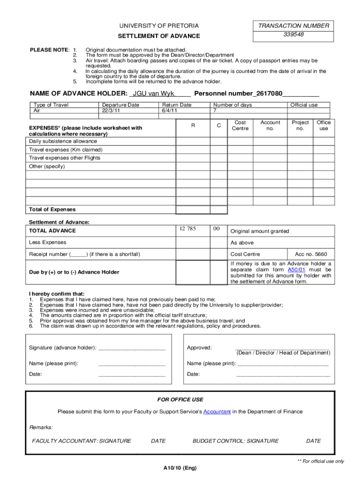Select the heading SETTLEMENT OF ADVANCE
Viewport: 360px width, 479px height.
click(158, 36)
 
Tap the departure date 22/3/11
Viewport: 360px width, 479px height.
click(112, 111)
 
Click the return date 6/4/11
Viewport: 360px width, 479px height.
click(170, 111)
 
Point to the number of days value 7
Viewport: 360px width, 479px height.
click(215, 111)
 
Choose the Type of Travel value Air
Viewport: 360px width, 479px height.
click(37, 111)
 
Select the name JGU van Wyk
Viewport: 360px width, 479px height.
click(153, 93)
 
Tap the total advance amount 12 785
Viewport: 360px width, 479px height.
click(187, 229)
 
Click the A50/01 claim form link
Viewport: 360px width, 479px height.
click(296, 270)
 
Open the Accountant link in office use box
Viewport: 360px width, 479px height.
click(217, 412)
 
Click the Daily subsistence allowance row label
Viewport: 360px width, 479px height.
click(63, 141)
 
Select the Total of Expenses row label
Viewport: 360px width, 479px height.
click(52, 210)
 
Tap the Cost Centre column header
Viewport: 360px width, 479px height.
click(240, 125)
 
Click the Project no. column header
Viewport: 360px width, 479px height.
click(300, 125)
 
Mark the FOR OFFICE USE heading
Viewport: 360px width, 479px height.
click(180, 399)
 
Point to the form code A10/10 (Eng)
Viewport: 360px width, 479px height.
click(180, 468)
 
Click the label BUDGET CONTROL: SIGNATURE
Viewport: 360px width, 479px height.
click(235, 441)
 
